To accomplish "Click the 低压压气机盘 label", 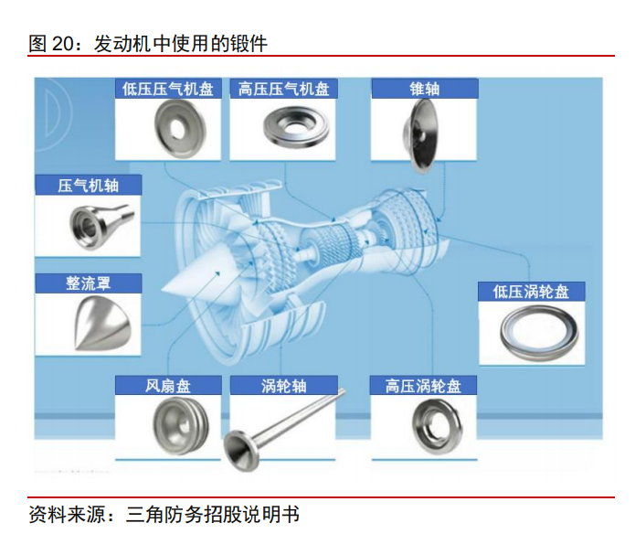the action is pyautogui.click(x=168, y=89).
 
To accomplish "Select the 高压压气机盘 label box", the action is pyautogui.click(x=284, y=89).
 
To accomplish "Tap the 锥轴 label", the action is pyautogui.click(x=425, y=89).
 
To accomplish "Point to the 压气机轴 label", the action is pyautogui.click(x=88, y=186).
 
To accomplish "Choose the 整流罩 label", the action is pyautogui.click(x=88, y=283).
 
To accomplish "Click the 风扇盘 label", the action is pyautogui.click(x=168, y=386).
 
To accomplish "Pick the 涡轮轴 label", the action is pyautogui.click(x=283, y=386).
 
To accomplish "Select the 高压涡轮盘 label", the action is pyautogui.click(x=423, y=386).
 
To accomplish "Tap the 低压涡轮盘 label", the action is pyautogui.click(x=532, y=292).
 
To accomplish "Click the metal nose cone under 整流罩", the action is pyautogui.click(x=103, y=323).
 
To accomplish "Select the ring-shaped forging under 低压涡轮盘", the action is pyautogui.click(x=539, y=333).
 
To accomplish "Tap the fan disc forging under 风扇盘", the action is pyautogui.click(x=181, y=426).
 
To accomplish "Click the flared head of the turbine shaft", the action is pyautogui.click(x=242, y=451).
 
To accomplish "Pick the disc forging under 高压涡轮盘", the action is pyautogui.click(x=437, y=426).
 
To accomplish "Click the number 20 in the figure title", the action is pyautogui.click(x=63, y=43).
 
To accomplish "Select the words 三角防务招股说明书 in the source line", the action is pyautogui.click(x=213, y=515).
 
